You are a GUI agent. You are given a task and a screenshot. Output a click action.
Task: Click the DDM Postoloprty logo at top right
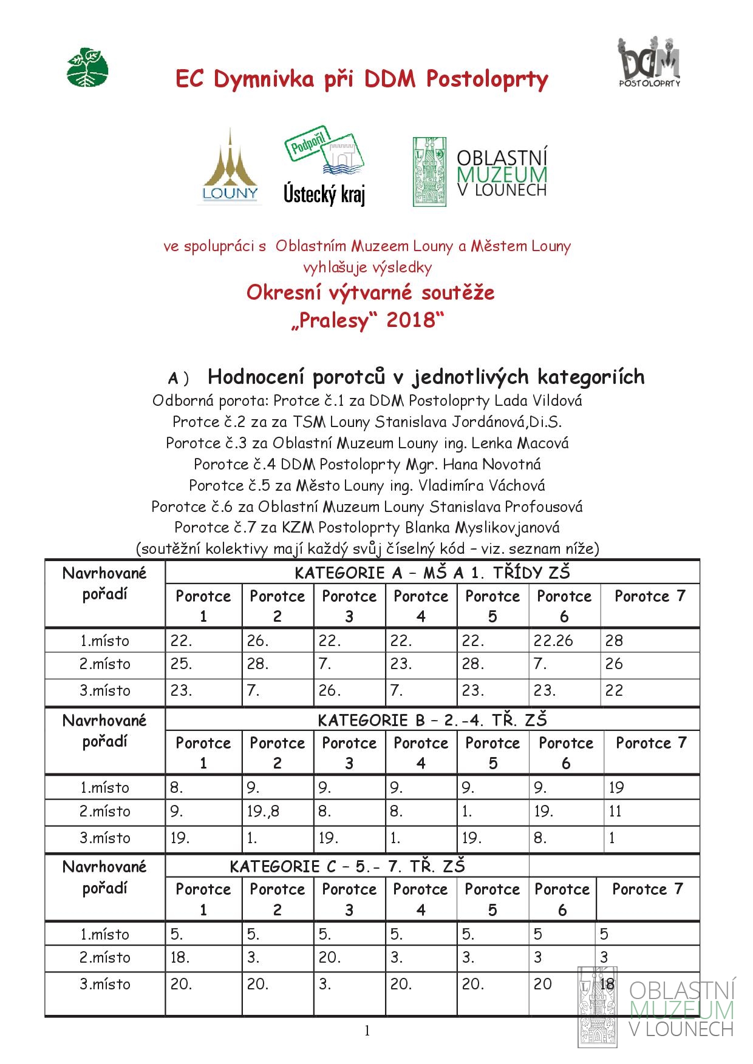pyautogui.click(x=649, y=61)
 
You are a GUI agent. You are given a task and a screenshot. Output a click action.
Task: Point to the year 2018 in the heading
pyautogui.click(x=411, y=320)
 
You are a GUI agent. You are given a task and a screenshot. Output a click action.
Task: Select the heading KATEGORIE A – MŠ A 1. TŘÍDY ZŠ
pyautogui.click(x=432, y=573)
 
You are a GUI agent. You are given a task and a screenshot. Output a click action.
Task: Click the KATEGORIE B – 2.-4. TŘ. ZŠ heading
pyautogui.click(x=432, y=720)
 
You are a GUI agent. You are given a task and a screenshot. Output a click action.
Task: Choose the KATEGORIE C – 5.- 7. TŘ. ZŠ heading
pyautogui.click(x=347, y=866)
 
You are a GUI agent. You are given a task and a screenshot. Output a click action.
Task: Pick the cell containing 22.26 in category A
pyautogui.click(x=553, y=641)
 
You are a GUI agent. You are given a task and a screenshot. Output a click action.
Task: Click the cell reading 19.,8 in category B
pyautogui.click(x=263, y=811)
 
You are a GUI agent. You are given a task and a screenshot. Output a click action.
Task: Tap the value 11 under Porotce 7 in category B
pyautogui.click(x=615, y=811)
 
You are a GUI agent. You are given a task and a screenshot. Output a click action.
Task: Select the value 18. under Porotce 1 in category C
pyautogui.click(x=180, y=957)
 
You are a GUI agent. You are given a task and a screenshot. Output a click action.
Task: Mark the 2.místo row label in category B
pyautogui.click(x=104, y=811)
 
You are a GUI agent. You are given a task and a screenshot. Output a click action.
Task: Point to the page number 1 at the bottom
pyautogui.click(x=367, y=1031)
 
